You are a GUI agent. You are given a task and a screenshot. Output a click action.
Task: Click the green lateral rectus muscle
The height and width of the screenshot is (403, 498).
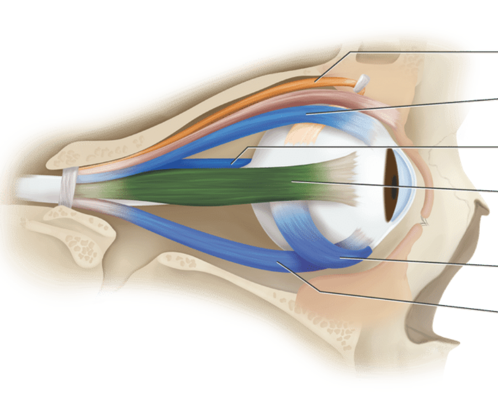point(221,185)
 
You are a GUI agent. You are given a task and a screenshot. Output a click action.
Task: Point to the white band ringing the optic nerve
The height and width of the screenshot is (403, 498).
point(68,187)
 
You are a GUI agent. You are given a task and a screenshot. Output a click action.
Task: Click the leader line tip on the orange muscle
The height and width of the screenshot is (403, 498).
point(315,81)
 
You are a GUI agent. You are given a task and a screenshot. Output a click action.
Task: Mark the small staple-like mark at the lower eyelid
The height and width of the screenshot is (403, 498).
point(426,222)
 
